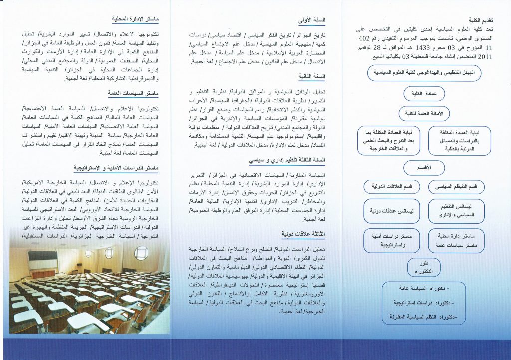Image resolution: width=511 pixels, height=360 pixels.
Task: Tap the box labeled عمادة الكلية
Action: tap(423, 93)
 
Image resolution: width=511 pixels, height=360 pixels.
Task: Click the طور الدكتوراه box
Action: tap(424, 267)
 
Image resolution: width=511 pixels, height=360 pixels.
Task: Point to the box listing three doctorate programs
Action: tap(424, 302)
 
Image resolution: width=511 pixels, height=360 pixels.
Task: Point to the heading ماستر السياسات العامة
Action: tap(133, 93)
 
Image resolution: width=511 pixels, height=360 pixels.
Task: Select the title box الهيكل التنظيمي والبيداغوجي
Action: tap(424, 73)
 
